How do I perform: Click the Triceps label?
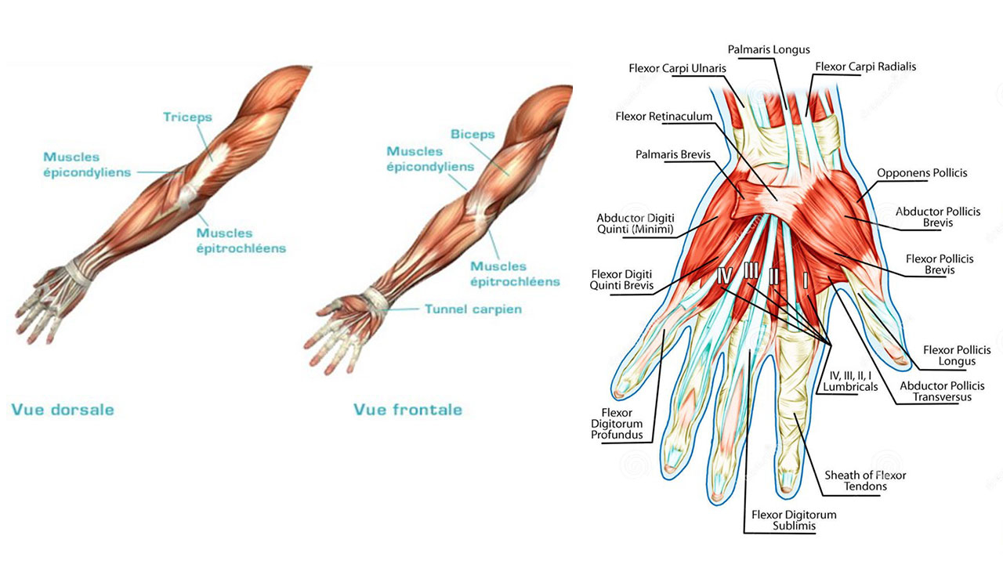point(187,117)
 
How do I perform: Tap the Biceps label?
point(473,134)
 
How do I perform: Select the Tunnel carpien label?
point(473,309)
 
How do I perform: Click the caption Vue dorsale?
point(63,410)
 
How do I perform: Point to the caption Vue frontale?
point(407,410)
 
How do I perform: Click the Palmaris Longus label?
point(769,49)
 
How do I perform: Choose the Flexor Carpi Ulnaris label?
point(678,68)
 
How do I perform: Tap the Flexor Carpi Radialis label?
point(866,67)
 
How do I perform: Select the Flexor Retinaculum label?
point(664,117)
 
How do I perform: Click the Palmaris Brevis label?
point(673,154)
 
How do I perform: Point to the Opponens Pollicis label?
point(922,173)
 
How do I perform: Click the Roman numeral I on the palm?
point(805,280)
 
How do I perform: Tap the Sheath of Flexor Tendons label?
point(865,481)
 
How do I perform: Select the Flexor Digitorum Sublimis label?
point(794,520)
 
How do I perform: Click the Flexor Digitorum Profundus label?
point(617,424)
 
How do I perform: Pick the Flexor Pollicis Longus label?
point(957,356)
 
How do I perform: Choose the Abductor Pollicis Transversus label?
point(942,391)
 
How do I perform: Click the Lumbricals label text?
point(850,387)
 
